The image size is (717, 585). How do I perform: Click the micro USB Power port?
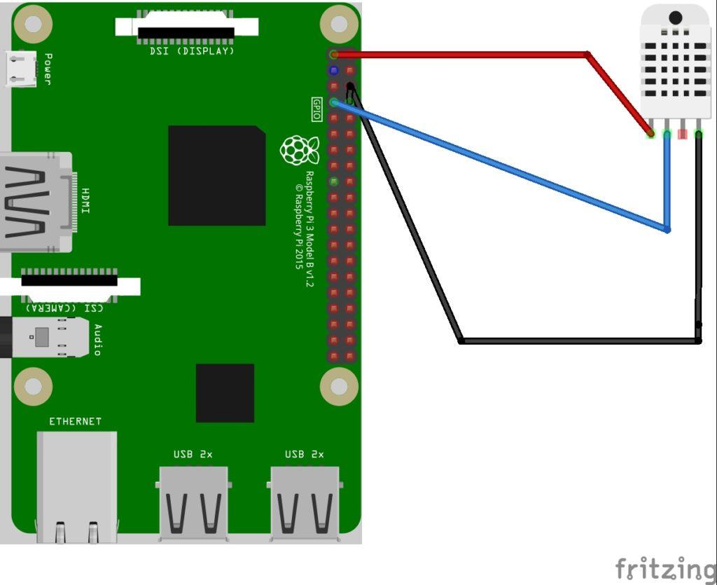[21, 69]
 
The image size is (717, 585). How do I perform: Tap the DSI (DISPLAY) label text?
[192, 51]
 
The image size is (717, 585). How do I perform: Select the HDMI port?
[35, 202]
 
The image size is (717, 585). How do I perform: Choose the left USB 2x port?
[193, 502]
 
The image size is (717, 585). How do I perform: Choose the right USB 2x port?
[305, 502]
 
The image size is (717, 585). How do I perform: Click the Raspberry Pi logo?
[299, 150]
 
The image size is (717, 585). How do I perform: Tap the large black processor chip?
[216, 176]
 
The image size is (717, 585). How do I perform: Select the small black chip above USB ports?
[225, 392]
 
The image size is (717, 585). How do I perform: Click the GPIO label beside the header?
[316, 109]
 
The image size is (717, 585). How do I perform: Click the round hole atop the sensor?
[676, 18]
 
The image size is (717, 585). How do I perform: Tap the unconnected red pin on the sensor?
[682, 133]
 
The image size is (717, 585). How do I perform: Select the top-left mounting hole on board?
[33, 24]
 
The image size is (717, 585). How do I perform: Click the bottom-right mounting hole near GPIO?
[340, 385]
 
